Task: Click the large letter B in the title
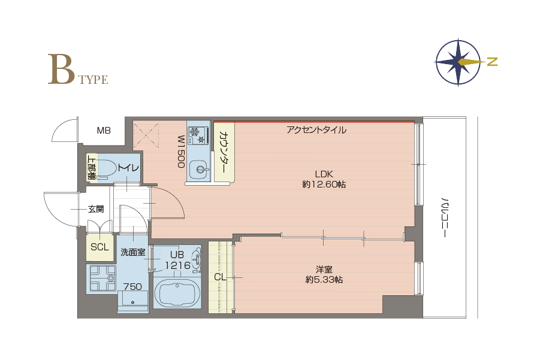(x=61, y=69)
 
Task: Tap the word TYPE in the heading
(x=93, y=80)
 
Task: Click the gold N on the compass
(x=493, y=62)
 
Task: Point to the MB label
(x=104, y=131)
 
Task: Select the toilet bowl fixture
(x=107, y=168)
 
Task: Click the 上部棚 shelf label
(x=91, y=168)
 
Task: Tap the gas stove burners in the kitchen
(x=198, y=135)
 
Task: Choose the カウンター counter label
(x=223, y=153)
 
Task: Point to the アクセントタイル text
(x=316, y=130)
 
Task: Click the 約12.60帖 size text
(x=324, y=184)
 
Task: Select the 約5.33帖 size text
(x=324, y=280)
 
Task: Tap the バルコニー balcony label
(x=445, y=217)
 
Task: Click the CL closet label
(x=220, y=277)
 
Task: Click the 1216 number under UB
(x=178, y=265)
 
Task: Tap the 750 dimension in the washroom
(x=132, y=286)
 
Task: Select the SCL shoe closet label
(x=99, y=247)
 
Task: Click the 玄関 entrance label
(x=96, y=209)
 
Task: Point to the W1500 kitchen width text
(x=181, y=151)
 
